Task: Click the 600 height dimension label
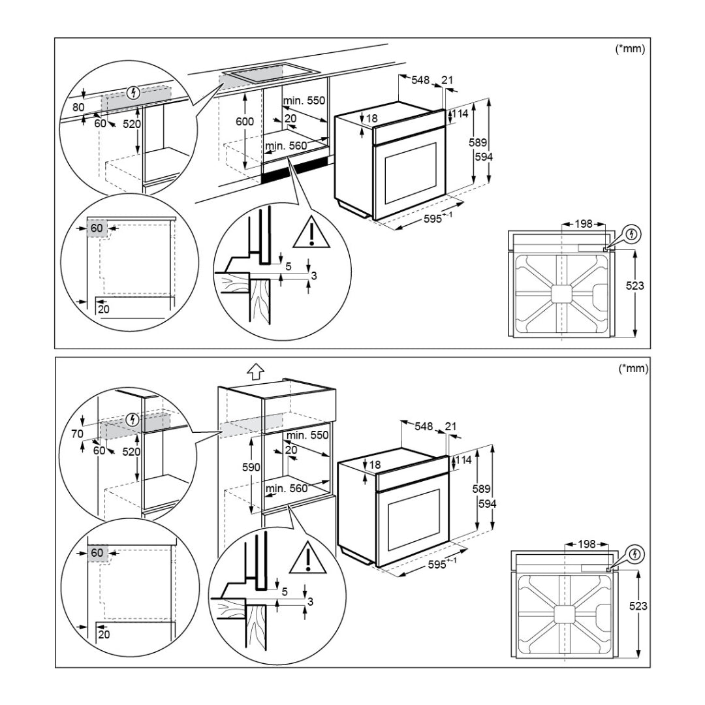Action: point(245,122)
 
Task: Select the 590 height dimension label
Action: point(251,467)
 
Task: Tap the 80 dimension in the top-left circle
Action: point(78,107)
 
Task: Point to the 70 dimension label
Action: point(78,433)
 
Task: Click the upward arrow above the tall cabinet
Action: point(255,372)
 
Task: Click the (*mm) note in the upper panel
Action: point(630,50)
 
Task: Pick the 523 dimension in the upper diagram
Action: point(634,285)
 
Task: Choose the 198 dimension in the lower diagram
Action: point(586,544)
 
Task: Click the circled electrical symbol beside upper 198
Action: point(631,234)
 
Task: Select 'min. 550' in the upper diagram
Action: point(304,101)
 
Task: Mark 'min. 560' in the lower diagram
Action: point(287,488)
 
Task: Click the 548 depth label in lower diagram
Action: point(424,426)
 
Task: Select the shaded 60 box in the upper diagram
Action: point(97,228)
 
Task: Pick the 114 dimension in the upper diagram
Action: point(460,114)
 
